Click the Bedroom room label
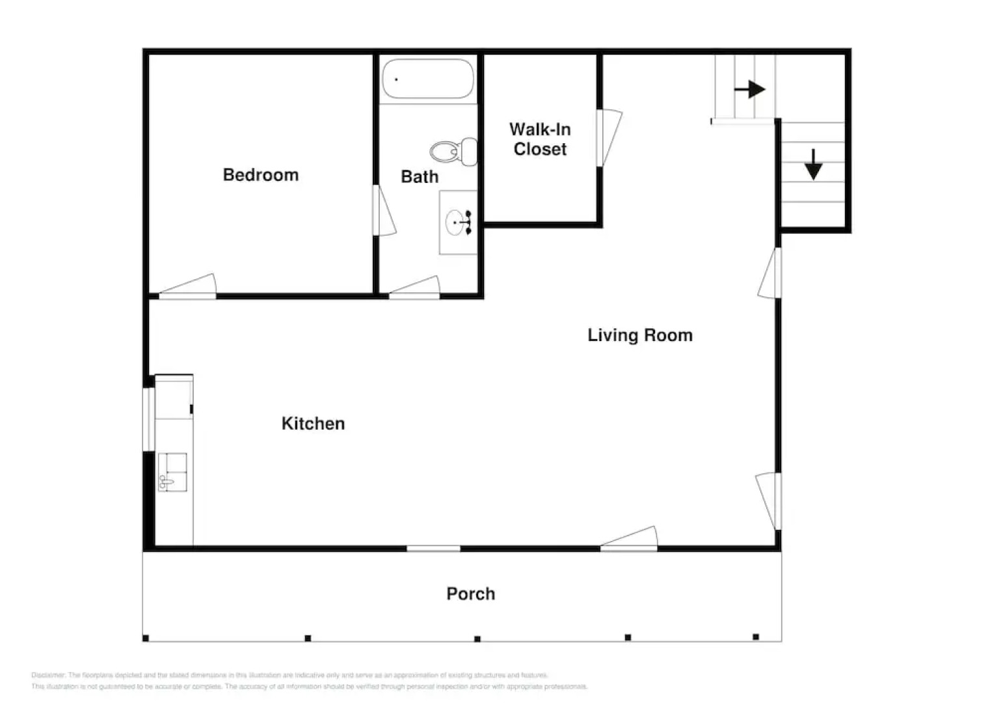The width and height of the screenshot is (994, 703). click(260, 175)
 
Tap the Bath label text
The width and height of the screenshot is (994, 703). click(419, 177)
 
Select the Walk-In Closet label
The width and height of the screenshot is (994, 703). click(539, 139)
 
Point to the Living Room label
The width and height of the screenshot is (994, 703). click(639, 335)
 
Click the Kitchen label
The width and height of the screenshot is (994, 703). click(313, 424)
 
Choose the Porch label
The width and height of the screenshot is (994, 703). click(470, 594)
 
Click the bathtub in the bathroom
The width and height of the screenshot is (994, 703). click(427, 79)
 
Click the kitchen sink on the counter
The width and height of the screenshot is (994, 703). click(172, 472)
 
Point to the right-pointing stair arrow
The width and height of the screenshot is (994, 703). click(749, 89)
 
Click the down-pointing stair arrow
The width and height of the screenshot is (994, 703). click(813, 165)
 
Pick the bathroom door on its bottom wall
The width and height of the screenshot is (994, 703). click(415, 288)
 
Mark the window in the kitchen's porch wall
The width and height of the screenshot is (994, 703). click(433, 549)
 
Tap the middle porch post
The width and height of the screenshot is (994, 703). click(477, 639)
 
